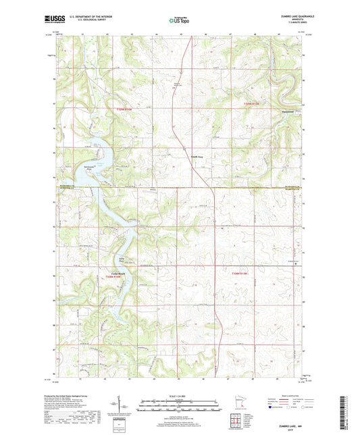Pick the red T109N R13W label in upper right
click(x=251, y=103)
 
